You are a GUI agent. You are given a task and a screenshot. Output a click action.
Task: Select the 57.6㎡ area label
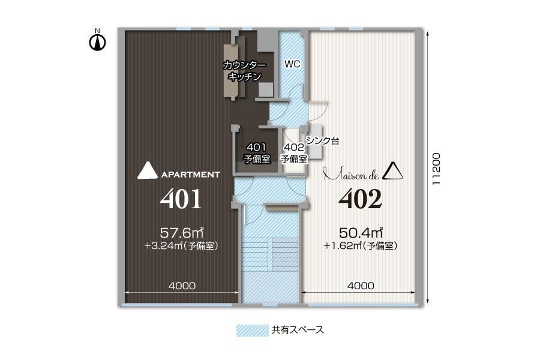pyautogui.click(x=184, y=232)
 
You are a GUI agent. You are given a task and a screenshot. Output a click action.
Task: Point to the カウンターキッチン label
pyautogui.click(x=244, y=71)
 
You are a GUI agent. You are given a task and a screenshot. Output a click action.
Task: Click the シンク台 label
pyautogui.click(x=322, y=142)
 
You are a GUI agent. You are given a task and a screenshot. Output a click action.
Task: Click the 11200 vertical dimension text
pyautogui.click(x=437, y=169)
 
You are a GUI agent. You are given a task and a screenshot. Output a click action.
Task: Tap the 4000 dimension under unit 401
pyautogui.click(x=181, y=286)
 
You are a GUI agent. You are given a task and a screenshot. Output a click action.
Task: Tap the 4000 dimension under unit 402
pyautogui.click(x=361, y=286)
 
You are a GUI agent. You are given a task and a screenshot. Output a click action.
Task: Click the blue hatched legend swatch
pyautogui.click(x=251, y=330)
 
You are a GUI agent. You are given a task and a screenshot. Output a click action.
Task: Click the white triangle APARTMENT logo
pyautogui.click(x=148, y=171)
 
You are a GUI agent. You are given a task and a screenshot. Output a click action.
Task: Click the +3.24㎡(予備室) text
pyautogui.click(x=181, y=245)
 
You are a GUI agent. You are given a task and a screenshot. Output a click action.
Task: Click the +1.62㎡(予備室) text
pyautogui.click(x=360, y=245)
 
